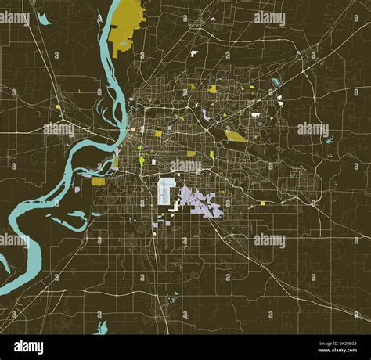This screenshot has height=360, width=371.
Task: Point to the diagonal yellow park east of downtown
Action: click(x=235, y=135)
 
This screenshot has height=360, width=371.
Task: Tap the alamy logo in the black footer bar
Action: click(x=30, y=347)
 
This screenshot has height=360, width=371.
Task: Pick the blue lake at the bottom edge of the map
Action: click(x=102, y=327)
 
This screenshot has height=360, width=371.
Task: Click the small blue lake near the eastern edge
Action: click(x=329, y=140)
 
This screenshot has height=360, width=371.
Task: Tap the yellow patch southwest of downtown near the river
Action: click(x=98, y=182)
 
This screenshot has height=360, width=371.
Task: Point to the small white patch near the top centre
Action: click(x=194, y=53)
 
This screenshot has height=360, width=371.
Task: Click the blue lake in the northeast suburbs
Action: click(x=276, y=81)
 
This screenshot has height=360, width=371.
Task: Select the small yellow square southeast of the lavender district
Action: click(x=262, y=203)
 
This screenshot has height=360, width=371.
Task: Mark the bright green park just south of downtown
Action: click(x=142, y=160)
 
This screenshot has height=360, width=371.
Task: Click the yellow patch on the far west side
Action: click(x=57, y=106)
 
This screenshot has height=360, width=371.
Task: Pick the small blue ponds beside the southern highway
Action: click(x=172, y=297)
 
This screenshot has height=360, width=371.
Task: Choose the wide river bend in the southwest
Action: click(x=31, y=207)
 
